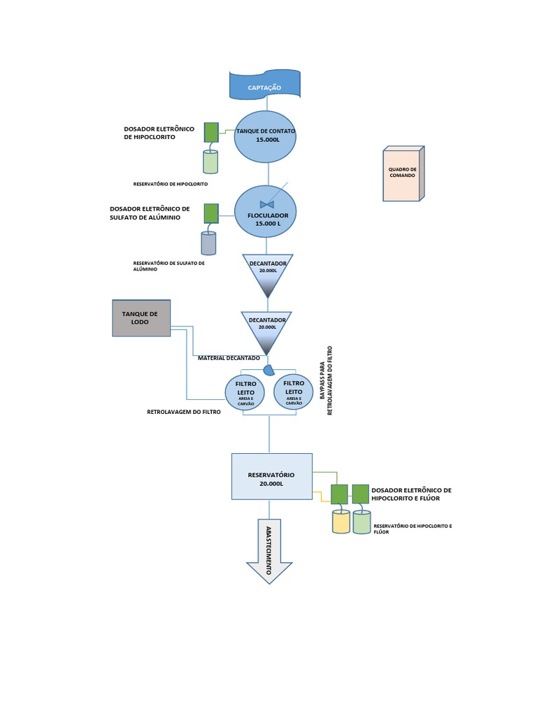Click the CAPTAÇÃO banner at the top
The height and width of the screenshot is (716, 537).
click(265, 87)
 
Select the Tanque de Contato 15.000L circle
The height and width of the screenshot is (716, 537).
click(266, 136)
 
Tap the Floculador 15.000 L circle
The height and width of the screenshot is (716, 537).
click(266, 212)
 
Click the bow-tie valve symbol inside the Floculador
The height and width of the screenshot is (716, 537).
click(266, 203)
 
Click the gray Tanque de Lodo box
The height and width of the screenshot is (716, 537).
click(141, 319)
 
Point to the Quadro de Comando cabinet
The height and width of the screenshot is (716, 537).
click(402, 174)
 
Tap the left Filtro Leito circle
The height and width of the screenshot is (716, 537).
click(245, 393)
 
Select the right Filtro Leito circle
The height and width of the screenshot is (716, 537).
click(294, 392)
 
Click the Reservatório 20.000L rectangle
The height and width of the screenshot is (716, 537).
click(271, 477)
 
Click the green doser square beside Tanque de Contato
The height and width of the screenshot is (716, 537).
click(210, 132)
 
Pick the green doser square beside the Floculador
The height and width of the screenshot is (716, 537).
click(210, 213)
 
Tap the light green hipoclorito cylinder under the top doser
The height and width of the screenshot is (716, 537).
click(210, 162)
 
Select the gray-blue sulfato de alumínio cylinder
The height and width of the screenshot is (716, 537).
click(208, 243)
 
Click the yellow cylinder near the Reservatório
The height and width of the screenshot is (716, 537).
click(341, 522)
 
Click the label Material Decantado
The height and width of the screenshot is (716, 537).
click(229, 358)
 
